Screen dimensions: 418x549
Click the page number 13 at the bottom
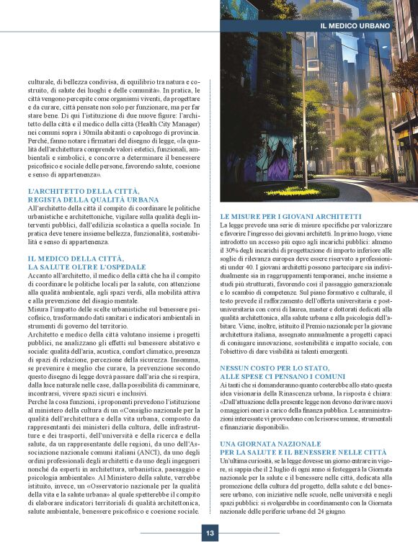(209, 533)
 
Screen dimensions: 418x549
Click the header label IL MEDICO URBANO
(354, 25)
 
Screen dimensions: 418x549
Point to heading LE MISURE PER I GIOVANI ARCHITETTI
(290, 216)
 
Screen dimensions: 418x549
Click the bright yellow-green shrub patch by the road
(292, 191)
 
